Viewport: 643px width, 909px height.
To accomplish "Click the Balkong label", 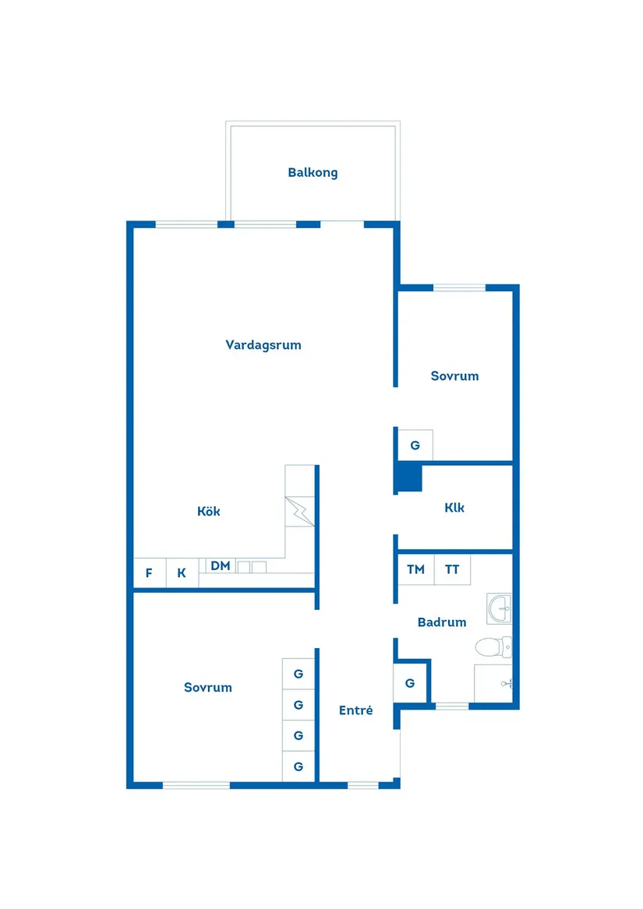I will click(313, 172).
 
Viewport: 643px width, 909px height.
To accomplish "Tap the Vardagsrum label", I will click(263, 344).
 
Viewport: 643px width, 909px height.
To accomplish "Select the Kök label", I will click(209, 511).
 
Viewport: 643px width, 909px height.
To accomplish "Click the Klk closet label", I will click(454, 507).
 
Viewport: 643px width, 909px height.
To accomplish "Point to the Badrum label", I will click(442, 622).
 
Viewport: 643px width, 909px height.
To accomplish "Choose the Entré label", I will click(355, 710).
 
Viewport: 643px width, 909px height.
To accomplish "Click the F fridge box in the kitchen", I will click(149, 573).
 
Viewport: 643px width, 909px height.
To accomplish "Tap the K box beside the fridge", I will click(182, 573).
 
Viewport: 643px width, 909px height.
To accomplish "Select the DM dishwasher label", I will click(221, 566).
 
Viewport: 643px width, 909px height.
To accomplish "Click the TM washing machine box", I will click(415, 569).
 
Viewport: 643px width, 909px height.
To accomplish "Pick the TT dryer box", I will click(452, 569).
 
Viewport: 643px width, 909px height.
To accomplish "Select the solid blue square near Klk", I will click(408, 477).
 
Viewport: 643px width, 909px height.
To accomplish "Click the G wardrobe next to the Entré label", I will click(410, 683).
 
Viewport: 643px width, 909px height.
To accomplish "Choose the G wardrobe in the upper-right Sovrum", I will click(415, 446).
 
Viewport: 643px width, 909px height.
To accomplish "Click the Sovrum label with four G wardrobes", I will click(208, 687).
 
